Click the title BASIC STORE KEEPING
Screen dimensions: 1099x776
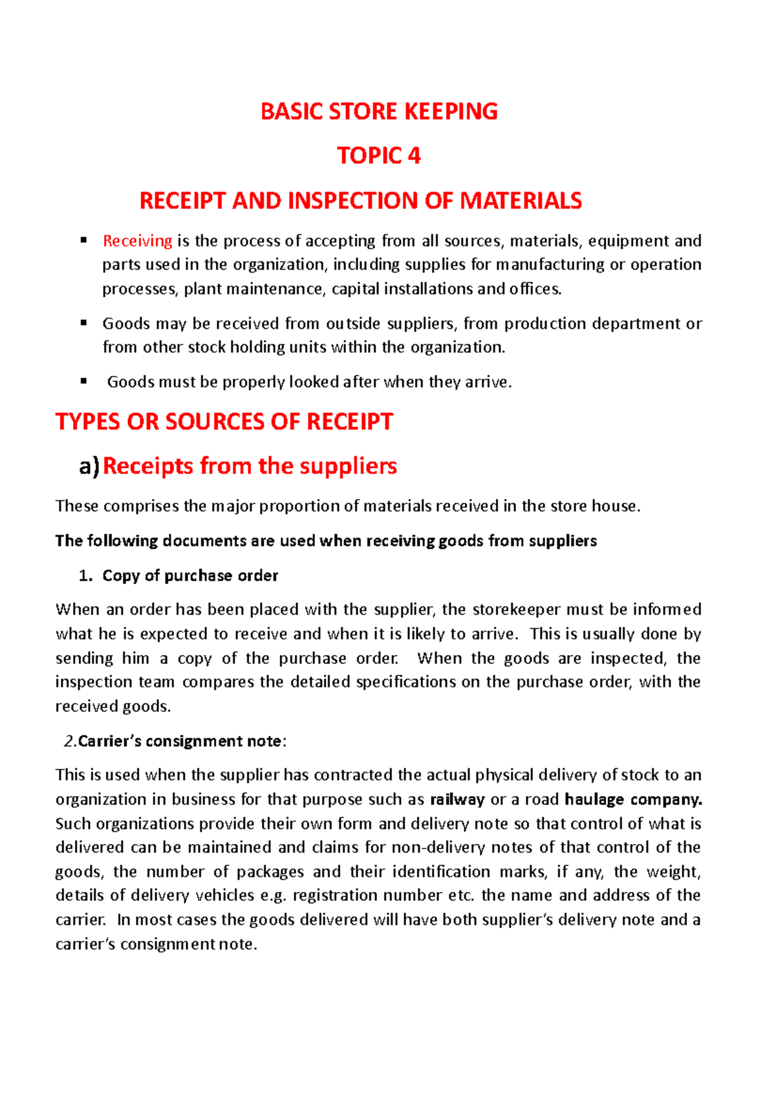(x=379, y=111)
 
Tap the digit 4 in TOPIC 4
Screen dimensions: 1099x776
(x=413, y=156)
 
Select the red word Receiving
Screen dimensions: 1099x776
(x=137, y=241)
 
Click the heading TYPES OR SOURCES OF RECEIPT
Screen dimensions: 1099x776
(x=224, y=422)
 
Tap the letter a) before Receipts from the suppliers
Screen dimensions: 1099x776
(x=89, y=466)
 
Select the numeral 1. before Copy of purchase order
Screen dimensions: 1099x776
(x=84, y=576)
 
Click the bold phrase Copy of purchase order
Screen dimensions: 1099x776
(x=190, y=576)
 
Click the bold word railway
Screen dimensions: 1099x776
(x=457, y=799)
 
